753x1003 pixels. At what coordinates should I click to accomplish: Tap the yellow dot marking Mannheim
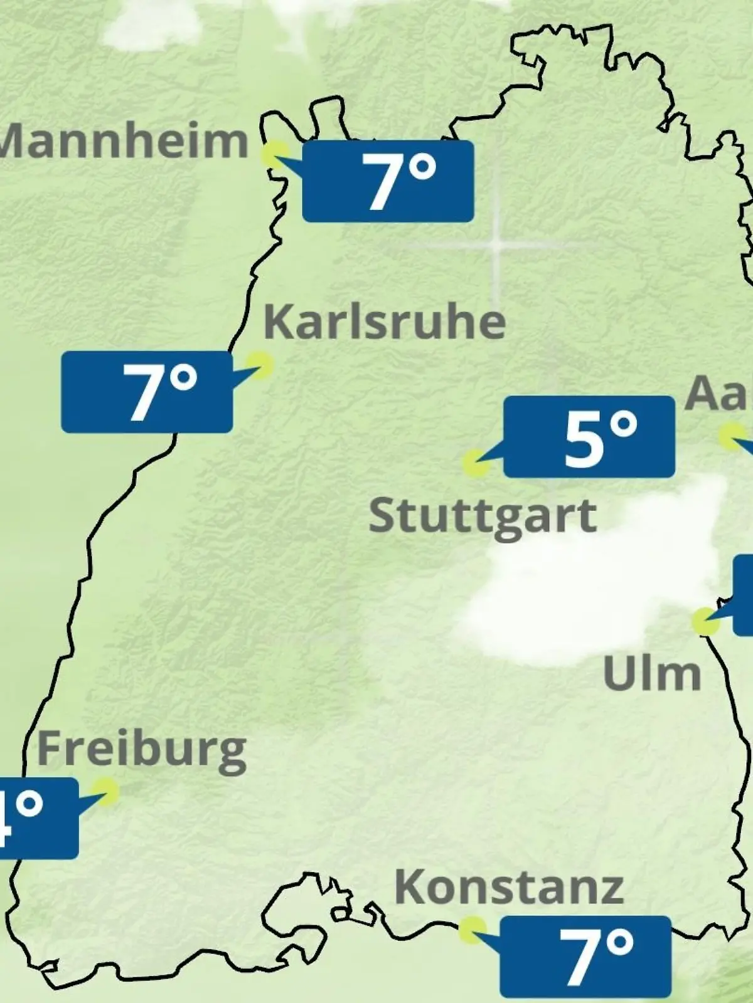[x=275, y=154]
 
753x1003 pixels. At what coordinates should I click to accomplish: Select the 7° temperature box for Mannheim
[x=388, y=181]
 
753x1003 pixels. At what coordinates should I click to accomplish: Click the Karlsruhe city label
[x=384, y=322]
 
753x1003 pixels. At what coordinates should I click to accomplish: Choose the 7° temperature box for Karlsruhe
[x=147, y=392]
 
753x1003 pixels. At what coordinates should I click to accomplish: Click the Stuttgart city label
[x=483, y=516]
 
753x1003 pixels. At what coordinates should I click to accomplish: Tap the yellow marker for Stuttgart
[x=475, y=464]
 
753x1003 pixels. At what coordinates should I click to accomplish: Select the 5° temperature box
[x=589, y=436]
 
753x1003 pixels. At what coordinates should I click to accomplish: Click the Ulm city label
[x=652, y=674]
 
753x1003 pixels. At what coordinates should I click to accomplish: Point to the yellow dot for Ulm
[x=705, y=621]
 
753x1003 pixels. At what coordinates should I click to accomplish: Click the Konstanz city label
[x=509, y=887]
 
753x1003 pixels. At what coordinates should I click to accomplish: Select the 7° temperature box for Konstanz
[x=585, y=956]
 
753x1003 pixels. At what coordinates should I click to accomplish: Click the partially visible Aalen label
[x=718, y=394]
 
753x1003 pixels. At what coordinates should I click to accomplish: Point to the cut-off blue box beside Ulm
[x=744, y=594]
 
